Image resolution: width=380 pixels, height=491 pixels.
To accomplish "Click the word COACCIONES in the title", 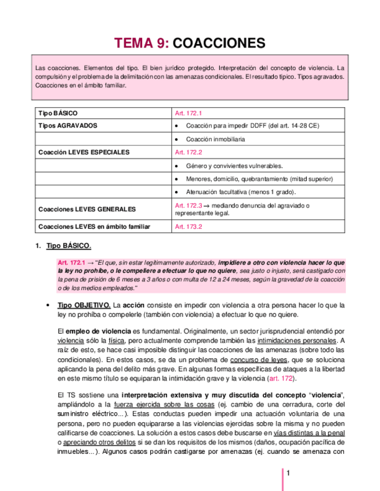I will click(219, 43).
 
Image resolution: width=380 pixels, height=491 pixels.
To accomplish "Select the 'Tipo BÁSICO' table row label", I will click(57, 113).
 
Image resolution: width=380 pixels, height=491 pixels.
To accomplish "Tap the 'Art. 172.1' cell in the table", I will click(189, 113).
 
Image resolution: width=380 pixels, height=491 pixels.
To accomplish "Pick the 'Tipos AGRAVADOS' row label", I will click(67, 126).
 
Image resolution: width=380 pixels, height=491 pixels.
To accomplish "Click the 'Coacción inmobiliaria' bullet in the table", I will click(215, 139).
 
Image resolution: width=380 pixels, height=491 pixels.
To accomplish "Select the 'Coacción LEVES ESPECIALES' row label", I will click(84, 152).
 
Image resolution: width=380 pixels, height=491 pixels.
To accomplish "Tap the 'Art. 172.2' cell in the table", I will click(189, 152).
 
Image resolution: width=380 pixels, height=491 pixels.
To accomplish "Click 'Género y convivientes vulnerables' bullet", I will click(234, 166).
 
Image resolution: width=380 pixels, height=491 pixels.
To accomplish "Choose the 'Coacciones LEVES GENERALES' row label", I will click(86, 209).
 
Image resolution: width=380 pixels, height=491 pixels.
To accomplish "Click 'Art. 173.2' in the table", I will click(189, 226).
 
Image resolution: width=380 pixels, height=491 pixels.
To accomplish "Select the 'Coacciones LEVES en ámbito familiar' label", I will click(94, 226).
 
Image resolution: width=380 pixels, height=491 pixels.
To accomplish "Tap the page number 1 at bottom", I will click(287, 474).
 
